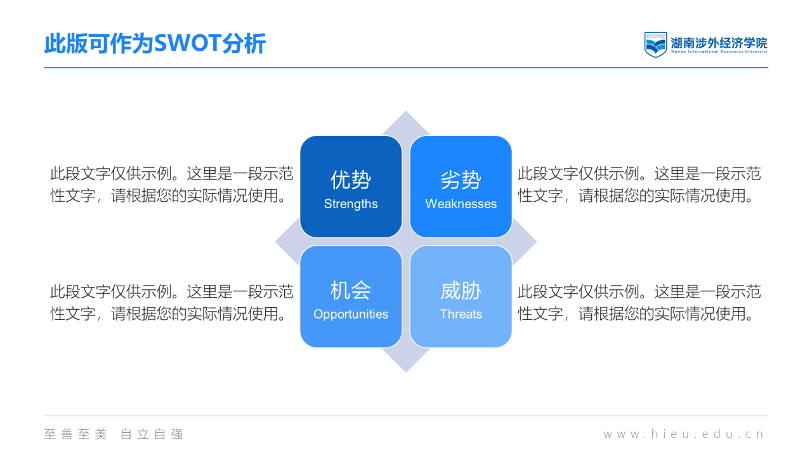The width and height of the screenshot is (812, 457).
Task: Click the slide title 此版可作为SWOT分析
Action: pyautogui.click(x=155, y=44)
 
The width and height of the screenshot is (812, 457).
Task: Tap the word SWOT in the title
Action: pyautogui.click(x=187, y=44)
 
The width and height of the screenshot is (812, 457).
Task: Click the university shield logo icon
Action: pyautogui.click(x=655, y=44)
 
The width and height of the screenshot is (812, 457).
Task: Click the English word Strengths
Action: pyautogui.click(x=351, y=204)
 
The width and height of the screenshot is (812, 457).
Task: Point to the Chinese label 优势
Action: pyautogui.click(x=351, y=180)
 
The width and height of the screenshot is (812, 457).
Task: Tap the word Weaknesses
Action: pyautogui.click(x=461, y=204)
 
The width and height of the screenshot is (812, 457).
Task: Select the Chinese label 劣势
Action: pyautogui.click(x=461, y=180)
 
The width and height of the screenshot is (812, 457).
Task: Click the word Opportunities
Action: pyautogui.click(x=351, y=314)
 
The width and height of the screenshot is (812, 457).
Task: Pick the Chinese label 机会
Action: pyautogui.click(x=351, y=290)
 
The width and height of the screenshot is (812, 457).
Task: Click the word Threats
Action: pyautogui.click(x=461, y=314)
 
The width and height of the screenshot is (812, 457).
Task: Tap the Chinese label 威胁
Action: pyautogui.click(x=461, y=290)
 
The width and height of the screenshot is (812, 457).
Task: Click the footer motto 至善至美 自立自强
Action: pyautogui.click(x=114, y=434)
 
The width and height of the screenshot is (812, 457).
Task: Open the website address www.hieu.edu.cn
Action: pyautogui.click(x=684, y=434)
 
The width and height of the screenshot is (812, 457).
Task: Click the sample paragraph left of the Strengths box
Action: pyautogui.click(x=171, y=184)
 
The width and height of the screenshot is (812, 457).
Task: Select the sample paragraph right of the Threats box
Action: pyautogui.click(x=639, y=302)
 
